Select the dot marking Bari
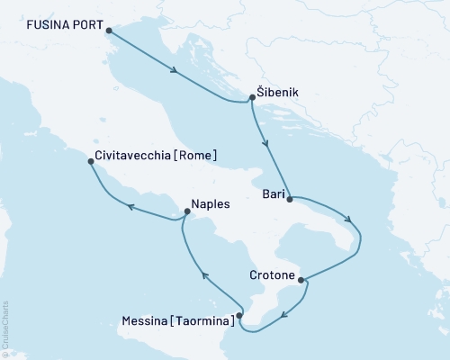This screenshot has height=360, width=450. [289, 200]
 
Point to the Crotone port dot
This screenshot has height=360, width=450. [301, 279]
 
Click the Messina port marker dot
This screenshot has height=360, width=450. [238, 316]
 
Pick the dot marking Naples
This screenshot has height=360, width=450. [185, 212]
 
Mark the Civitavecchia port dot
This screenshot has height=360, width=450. [90, 162]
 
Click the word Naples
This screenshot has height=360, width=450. [211, 204]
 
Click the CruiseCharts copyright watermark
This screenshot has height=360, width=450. [5, 328]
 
